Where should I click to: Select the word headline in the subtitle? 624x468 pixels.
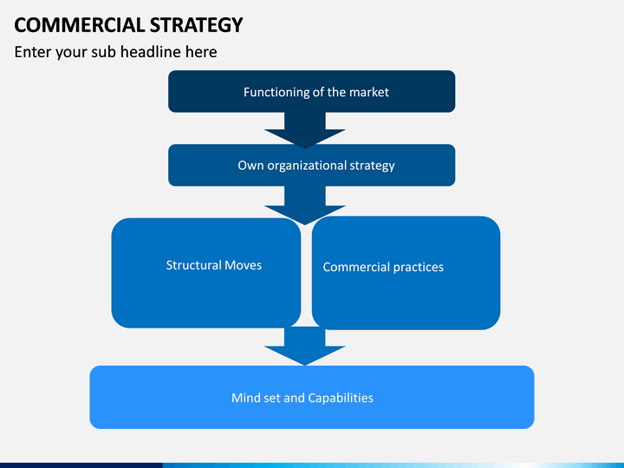pos(151,52)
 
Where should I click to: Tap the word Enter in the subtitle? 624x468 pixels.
pos(32,52)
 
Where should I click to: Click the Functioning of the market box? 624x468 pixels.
pos(312,91)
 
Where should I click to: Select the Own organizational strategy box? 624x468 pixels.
pos(312,165)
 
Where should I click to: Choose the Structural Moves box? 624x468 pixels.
pos(206,273)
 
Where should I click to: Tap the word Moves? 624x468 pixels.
pos(243,265)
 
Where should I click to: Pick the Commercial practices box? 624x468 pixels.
pos(406,273)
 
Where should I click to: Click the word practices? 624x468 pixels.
pos(419,268)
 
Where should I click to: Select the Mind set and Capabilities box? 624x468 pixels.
pos(312,397)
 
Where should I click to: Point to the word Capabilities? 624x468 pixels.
pos(341,398)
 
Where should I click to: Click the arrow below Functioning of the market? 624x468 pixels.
pos(305,130)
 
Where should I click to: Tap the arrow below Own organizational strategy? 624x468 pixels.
pos(305,205)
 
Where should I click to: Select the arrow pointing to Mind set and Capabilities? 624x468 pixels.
pos(305,346)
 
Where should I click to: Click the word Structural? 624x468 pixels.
pos(194,265)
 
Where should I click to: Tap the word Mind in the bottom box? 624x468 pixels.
pos(244,398)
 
